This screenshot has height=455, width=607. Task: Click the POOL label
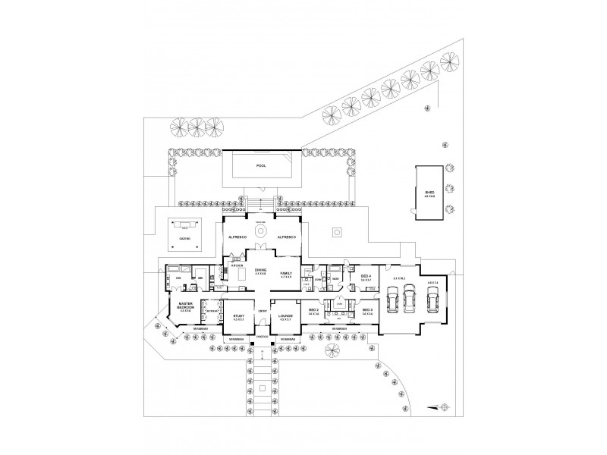tap(261, 165)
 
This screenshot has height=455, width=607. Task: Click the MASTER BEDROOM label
tap(187, 307)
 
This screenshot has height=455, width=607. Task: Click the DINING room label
tap(261, 270)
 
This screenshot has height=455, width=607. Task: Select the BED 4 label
tap(366, 276)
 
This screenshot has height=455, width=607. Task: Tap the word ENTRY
tap(263, 311)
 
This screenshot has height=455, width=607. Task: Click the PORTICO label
tap(261, 336)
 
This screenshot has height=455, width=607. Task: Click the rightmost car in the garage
tap(433, 301)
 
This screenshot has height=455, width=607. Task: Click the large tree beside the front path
tap(332, 350)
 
